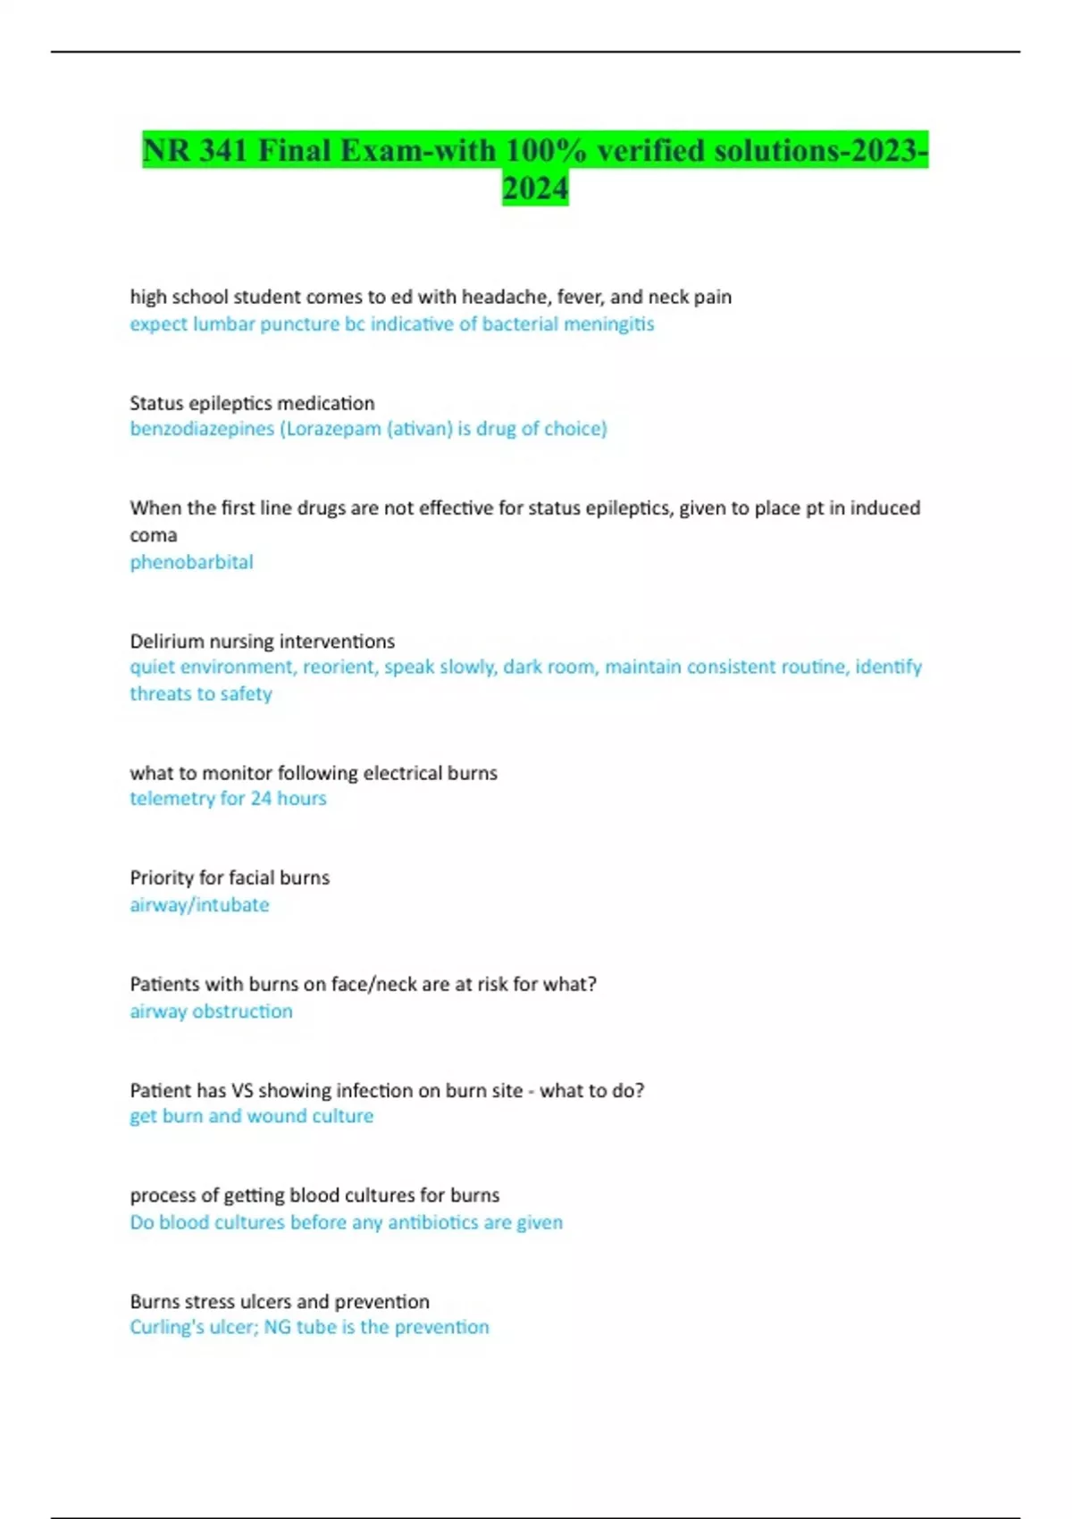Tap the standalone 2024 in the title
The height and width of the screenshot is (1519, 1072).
[535, 189]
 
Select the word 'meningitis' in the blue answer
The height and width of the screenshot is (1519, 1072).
[613, 323]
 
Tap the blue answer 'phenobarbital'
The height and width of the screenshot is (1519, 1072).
[191, 562]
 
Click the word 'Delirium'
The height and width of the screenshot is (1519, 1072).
[167, 642]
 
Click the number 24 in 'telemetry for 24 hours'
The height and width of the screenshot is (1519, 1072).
[261, 798]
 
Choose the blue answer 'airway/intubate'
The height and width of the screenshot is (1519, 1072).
[199, 904]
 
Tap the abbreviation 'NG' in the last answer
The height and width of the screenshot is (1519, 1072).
[277, 1327]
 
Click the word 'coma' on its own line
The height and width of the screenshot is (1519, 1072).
[153, 535]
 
